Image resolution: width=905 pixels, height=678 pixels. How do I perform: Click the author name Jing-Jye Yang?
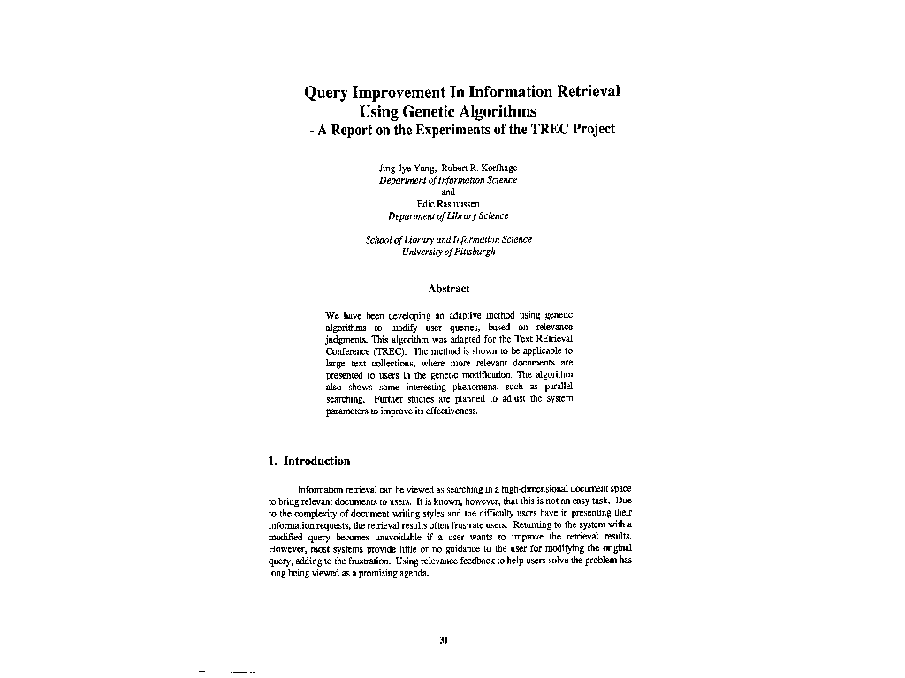(401, 167)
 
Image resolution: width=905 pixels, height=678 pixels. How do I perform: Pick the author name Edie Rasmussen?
(448, 204)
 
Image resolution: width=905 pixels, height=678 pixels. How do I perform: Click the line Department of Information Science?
(448, 179)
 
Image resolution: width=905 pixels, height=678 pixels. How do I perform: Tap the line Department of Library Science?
(448, 215)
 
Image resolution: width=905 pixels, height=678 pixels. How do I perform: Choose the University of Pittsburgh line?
(448, 252)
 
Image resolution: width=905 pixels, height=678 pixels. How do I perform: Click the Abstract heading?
(448, 289)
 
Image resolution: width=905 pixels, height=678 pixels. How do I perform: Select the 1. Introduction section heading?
(309, 461)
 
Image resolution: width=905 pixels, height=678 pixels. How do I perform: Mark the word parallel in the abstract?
(556, 387)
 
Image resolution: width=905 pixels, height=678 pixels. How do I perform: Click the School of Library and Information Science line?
(448, 239)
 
